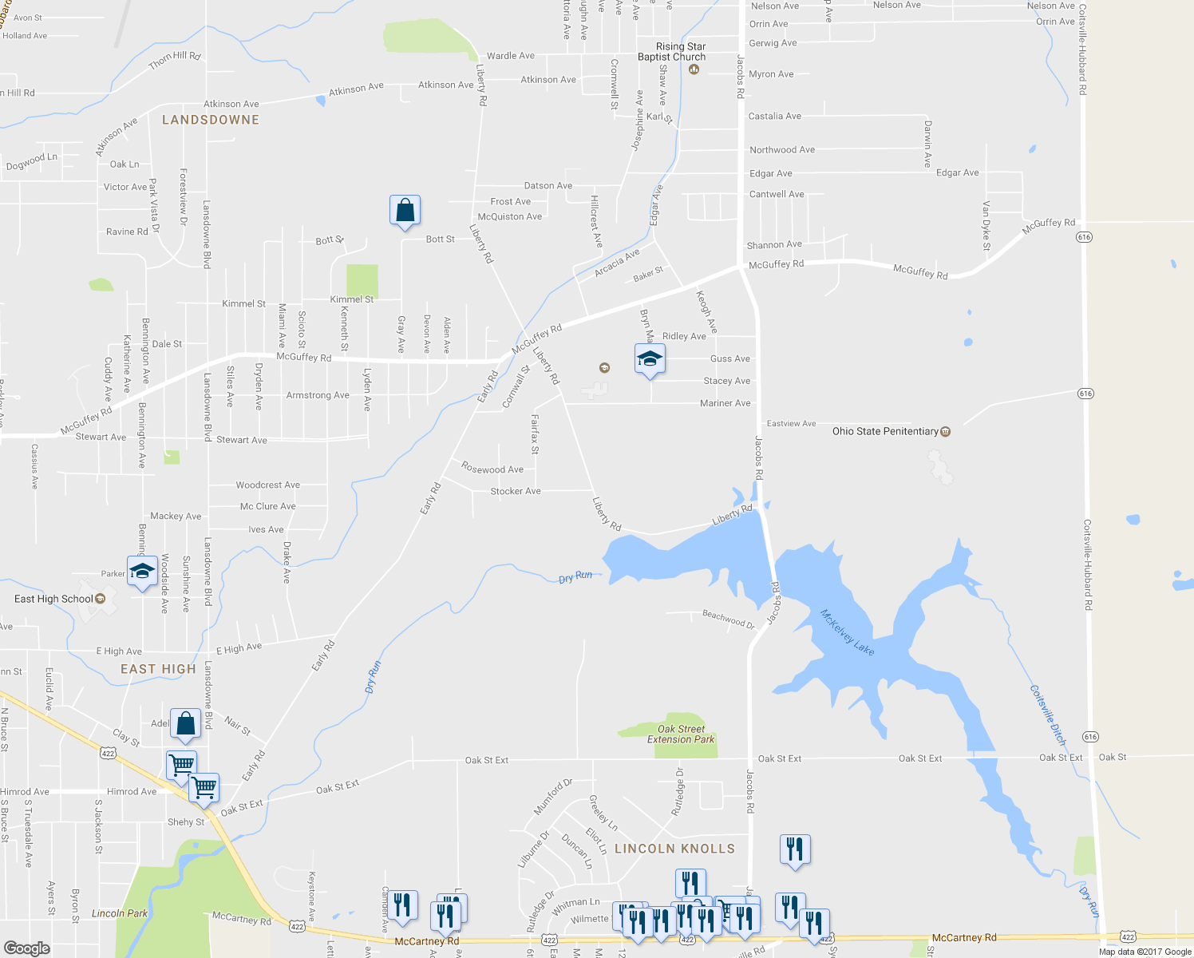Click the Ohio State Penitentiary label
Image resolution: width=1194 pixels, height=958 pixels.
tap(885, 431)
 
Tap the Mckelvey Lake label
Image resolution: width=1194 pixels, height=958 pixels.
tap(848, 632)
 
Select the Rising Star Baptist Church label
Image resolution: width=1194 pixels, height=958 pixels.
tap(671, 52)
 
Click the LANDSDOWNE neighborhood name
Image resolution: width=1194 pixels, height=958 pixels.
tap(211, 120)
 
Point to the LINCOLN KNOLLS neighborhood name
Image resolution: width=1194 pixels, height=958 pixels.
tap(674, 849)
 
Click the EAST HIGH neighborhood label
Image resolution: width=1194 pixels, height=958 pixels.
tap(158, 669)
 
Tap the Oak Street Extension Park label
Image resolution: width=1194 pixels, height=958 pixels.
tap(681, 734)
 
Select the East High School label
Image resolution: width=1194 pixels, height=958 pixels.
tap(53, 599)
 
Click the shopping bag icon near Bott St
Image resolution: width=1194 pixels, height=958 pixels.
tap(405, 211)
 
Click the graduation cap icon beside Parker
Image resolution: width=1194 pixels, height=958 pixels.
tap(142, 572)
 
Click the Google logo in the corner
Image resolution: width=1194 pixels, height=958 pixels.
tap(26, 948)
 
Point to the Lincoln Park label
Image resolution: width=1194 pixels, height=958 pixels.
tap(120, 913)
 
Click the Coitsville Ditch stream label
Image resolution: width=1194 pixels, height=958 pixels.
tap(1048, 715)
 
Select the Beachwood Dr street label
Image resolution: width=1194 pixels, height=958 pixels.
tap(728, 619)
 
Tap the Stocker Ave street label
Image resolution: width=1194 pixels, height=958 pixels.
tap(516, 491)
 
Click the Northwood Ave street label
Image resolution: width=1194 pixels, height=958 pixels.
tap(782, 149)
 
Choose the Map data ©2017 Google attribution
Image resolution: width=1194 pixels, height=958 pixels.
tap(1145, 952)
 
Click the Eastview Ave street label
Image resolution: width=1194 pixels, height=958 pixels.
tap(791, 423)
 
